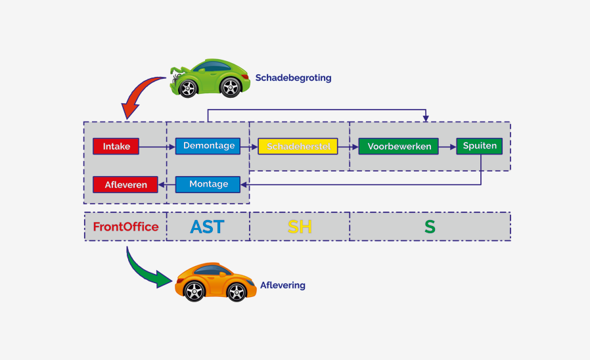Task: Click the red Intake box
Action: pos(116,146)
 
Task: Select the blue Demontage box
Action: pos(208,146)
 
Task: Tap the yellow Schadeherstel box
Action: pos(298,146)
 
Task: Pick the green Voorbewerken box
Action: pos(399,146)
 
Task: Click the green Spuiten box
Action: pos(480,146)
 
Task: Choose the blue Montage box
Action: pos(208,185)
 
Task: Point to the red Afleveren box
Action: pos(125,185)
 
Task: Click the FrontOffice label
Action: pos(125,227)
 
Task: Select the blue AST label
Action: pos(207,227)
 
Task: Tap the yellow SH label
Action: pos(300,227)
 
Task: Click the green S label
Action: pos(430,227)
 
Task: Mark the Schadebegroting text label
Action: pos(293,78)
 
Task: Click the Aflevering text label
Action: pos(283,285)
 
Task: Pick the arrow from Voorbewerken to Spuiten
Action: pos(447,146)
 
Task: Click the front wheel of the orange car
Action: pos(195,290)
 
